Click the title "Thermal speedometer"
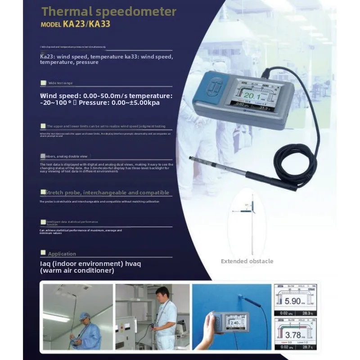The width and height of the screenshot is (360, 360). coord(109,11)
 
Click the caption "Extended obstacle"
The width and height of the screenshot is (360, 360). coord(247,261)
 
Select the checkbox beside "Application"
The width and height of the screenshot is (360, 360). coord(43,253)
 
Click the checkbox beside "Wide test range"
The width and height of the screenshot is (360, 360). coord(43,83)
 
